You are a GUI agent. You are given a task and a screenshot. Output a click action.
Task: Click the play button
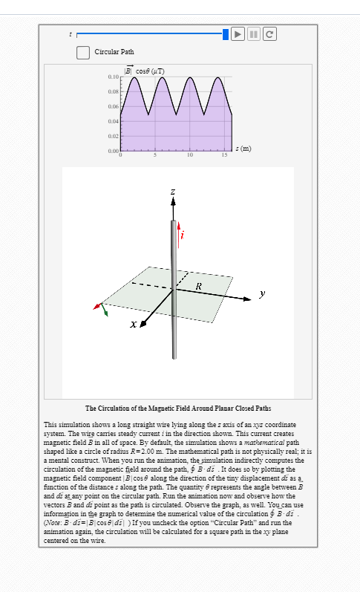tap(238, 33)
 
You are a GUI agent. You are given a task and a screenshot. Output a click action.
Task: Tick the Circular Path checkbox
tap(83, 52)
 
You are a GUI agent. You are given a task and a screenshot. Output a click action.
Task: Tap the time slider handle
tap(226, 33)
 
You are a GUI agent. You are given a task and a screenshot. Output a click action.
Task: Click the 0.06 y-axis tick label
tap(114, 106)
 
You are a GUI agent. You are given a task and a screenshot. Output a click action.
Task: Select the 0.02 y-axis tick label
tap(114, 136)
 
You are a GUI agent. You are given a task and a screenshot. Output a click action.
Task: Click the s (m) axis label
tap(243, 149)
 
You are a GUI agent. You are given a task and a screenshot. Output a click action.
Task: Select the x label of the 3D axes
tap(132, 325)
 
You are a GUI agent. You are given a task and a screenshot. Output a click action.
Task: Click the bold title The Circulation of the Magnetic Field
tap(178, 408)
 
